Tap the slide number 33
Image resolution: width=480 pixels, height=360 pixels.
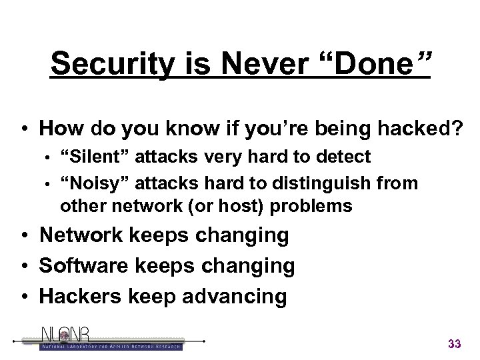(455, 344)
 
